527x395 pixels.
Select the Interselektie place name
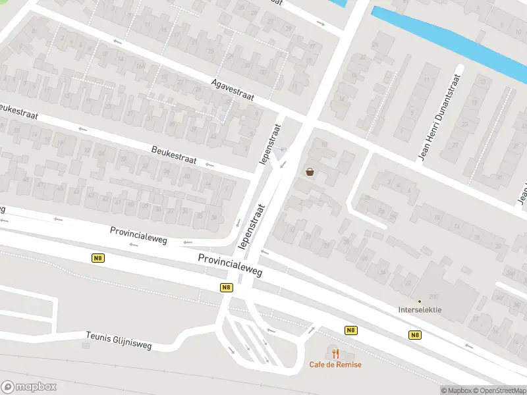pyautogui.click(x=420, y=310)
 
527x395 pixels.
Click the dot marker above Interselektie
pyautogui.click(x=420, y=302)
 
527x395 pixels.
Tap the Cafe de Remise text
pyautogui.click(x=336, y=365)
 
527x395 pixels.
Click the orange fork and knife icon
pyautogui.click(x=335, y=354)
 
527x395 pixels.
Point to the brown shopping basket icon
pyautogui.click(x=310, y=172)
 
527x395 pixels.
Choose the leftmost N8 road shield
pyautogui.click(x=98, y=259)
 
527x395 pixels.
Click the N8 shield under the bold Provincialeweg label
pyautogui.click(x=226, y=287)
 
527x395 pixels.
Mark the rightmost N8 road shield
pyautogui.click(x=414, y=335)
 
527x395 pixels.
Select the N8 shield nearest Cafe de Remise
pyautogui.click(x=350, y=330)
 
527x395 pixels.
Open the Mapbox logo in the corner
pyautogui.click(x=29, y=387)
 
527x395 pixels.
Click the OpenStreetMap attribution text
pyautogui.click(x=501, y=390)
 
